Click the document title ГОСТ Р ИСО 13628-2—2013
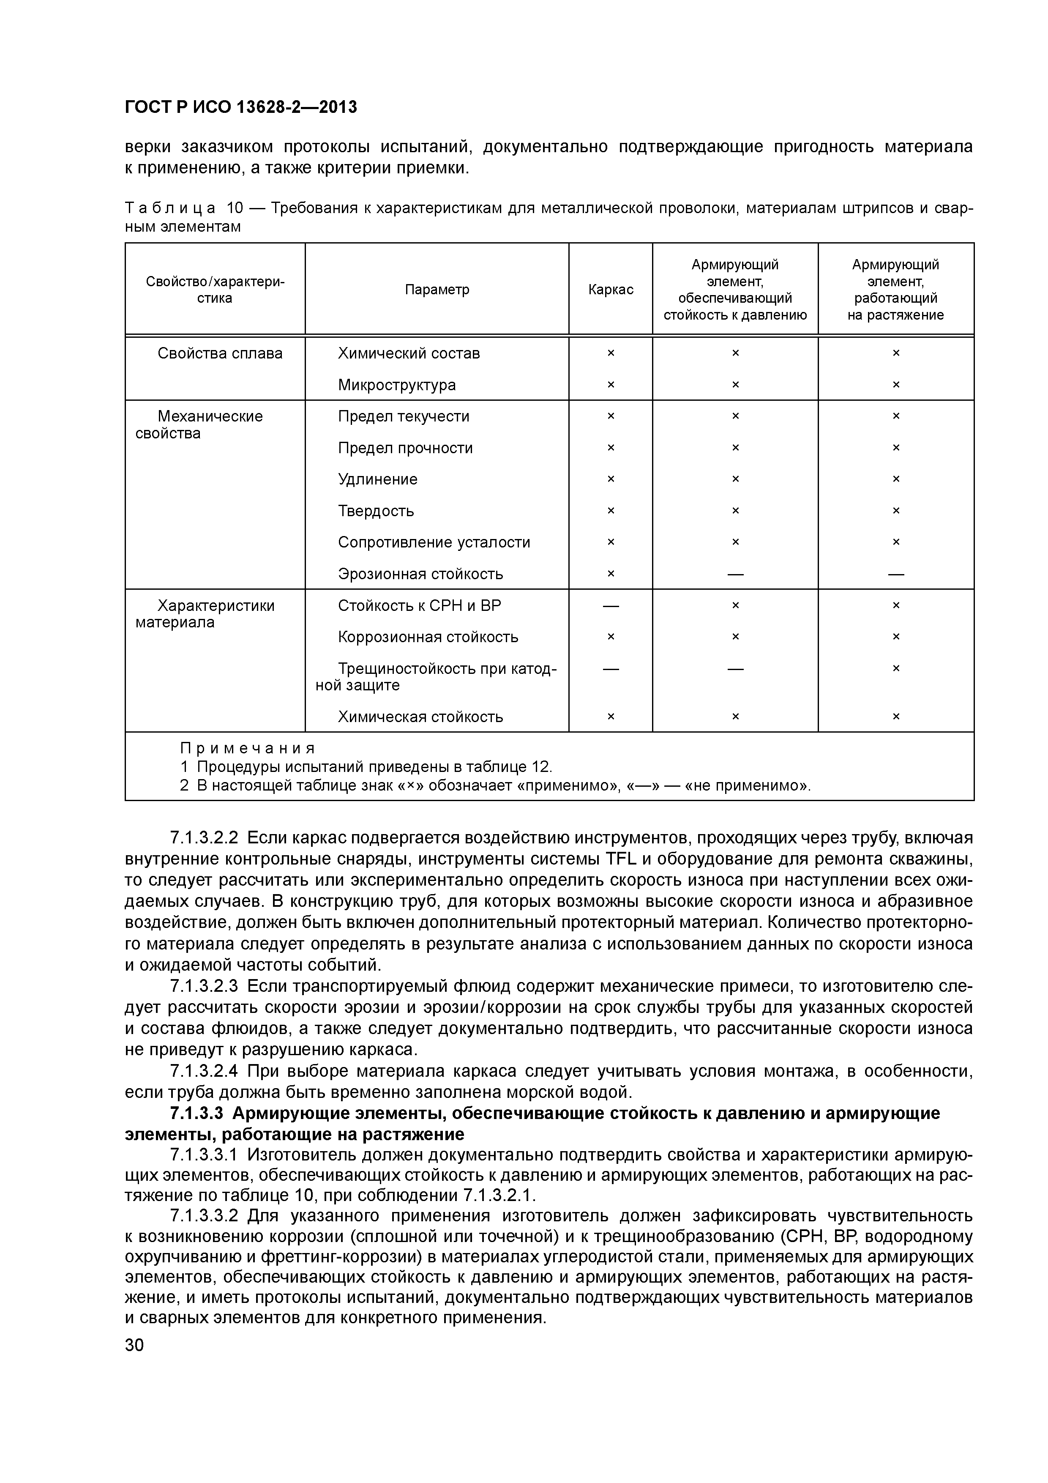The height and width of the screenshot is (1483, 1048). pos(240,107)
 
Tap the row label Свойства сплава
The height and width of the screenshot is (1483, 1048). pos(220,353)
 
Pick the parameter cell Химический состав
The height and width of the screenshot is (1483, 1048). pos(409,353)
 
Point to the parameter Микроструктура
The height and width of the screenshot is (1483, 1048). pos(396,385)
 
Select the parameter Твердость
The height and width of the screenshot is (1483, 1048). pos(376,511)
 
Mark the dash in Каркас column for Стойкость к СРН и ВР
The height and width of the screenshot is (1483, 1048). pos(610,606)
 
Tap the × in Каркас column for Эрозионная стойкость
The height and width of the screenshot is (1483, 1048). pos(610,574)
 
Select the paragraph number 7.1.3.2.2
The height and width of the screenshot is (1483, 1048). pos(204,838)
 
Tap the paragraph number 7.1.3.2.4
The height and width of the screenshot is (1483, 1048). pos(204,1072)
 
